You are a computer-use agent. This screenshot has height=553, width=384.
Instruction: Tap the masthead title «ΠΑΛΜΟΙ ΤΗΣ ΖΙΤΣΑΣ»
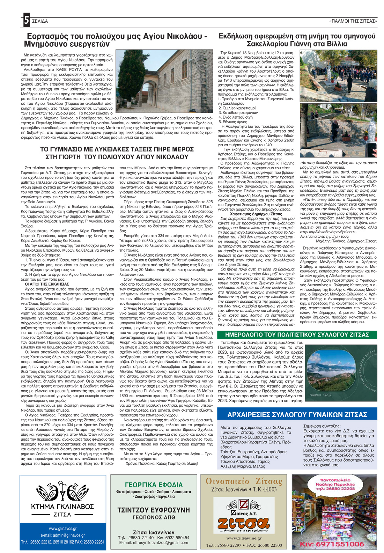click(x=353, y=21)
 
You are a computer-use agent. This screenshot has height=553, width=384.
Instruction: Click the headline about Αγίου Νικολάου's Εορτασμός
click(x=115, y=40)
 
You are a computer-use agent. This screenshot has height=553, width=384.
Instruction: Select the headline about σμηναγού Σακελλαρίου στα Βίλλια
click(x=297, y=40)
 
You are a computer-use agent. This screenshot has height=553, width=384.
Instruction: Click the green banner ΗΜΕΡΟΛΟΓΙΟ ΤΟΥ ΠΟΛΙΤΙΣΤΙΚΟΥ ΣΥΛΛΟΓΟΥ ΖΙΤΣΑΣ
click(x=297, y=335)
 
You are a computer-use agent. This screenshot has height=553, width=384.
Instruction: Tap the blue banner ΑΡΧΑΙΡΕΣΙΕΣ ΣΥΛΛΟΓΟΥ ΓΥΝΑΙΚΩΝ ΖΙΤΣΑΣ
click(x=297, y=414)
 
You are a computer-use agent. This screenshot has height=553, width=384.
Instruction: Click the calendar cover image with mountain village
click(x=341, y=371)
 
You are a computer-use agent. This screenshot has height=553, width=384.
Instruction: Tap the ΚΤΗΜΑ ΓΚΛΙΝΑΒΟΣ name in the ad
click(x=62, y=507)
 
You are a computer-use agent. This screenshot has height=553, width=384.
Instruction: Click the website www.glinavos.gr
click(x=63, y=529)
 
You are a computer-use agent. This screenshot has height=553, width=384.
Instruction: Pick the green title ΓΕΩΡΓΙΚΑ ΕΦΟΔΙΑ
click(x=154, y=485)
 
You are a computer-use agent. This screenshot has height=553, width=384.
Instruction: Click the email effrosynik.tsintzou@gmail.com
click(x=154, y=543)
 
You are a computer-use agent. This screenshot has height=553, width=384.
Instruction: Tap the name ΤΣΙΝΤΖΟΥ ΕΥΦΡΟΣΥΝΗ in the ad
click(x=154, y=510)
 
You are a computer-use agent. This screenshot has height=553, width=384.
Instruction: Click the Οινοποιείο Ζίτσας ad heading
click(x=244, y=481)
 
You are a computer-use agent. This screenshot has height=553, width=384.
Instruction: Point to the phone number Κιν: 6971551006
click(x=333, y=544)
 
